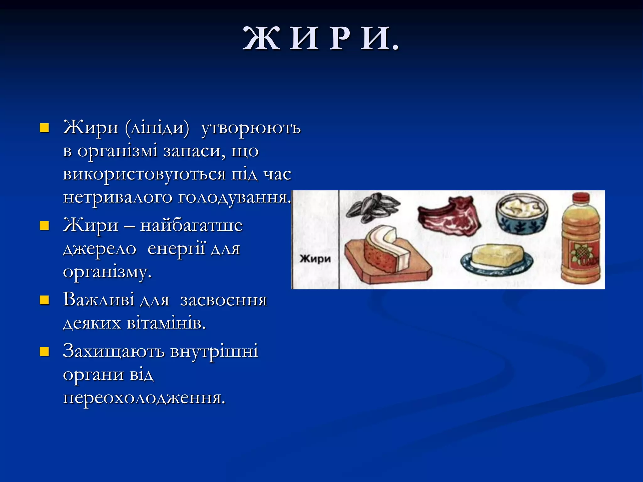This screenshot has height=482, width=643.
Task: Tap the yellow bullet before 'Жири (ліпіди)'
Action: [44, 128]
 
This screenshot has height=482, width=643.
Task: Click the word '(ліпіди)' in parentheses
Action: [157, 128]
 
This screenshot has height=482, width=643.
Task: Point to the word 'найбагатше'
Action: [191, 225]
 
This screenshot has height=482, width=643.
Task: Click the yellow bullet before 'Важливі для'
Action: [44, 300]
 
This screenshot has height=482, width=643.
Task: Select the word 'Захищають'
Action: [114, 351]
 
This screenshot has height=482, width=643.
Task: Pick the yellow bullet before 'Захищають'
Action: [44, 351]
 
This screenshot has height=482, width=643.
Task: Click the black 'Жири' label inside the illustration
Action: [315, 259]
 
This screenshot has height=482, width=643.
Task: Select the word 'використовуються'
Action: [144, 174]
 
